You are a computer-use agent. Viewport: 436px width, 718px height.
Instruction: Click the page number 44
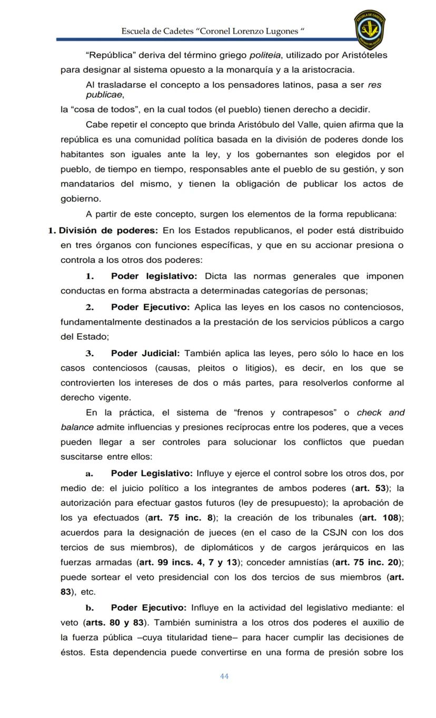[224, 676]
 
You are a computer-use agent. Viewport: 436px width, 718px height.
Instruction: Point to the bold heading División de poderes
[108, 230]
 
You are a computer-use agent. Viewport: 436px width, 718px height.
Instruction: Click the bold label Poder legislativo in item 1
[154, 276]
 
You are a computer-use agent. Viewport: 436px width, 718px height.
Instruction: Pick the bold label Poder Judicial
[145, 353]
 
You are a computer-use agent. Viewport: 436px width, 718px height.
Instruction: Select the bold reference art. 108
[381, 517]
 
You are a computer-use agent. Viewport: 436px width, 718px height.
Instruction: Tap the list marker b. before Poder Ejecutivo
[90, 607]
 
